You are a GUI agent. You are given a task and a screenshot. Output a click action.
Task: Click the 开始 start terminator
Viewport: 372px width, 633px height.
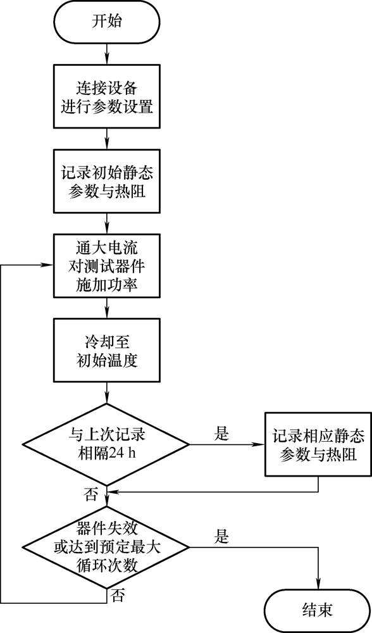click(106, 22)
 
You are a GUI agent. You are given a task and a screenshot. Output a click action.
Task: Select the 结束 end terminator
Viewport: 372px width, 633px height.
click(318, 610)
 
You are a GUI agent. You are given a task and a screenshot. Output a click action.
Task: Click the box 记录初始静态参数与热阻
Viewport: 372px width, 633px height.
click(106, 181)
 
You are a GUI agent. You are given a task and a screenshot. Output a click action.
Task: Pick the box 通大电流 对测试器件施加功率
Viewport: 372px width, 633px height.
click(106, 265)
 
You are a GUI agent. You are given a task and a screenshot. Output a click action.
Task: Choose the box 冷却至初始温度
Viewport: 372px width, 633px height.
click(106, 350)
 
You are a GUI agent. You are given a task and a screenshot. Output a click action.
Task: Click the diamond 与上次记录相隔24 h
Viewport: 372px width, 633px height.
click(106, 444)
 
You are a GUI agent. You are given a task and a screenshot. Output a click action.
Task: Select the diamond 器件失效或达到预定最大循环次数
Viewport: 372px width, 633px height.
click(106, 548)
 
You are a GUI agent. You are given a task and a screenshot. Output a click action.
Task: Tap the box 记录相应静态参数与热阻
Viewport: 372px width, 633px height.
click(318, 444)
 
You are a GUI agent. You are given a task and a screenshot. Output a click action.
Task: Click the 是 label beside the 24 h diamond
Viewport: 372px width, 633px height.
click(221, 434)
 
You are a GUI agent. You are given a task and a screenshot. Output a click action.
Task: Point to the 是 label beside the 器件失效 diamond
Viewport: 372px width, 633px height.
click(221, 537)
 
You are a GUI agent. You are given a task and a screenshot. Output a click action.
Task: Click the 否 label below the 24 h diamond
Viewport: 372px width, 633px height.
click(91, 494)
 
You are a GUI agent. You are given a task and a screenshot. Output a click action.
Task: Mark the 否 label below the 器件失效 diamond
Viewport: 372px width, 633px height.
click(118, 596)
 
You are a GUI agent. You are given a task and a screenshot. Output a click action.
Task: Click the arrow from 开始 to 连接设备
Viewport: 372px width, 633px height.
click(107, 53)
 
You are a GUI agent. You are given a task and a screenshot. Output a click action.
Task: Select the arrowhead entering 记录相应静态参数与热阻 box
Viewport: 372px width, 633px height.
click(260, 444)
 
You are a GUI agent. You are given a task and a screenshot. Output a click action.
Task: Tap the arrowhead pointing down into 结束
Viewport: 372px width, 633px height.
click(318, 584)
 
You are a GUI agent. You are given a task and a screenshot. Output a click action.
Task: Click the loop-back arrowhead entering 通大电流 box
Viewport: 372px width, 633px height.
click(49, 265)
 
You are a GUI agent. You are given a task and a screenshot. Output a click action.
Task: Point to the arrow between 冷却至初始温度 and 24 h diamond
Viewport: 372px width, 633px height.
click(107, 393)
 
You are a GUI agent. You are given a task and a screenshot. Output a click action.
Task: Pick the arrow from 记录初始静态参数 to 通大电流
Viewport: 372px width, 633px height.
click(107, 223)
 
